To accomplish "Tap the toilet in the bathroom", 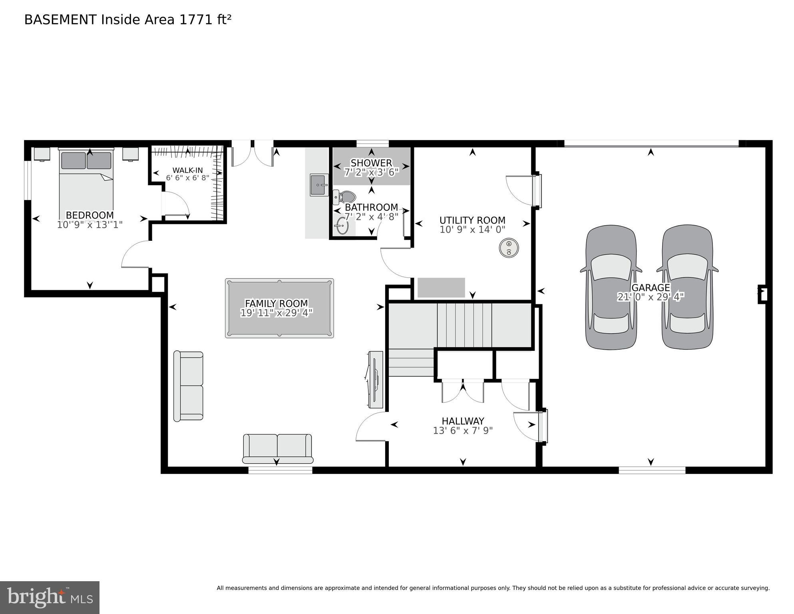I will tap(346, 197).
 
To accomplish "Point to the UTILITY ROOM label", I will tap(472, 220).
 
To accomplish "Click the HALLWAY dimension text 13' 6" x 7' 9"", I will tap(463, 430).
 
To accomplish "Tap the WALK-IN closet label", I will tap(187, 170).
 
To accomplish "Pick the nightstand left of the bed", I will tap(42, 154).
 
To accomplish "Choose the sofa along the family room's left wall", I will tap(188, 386).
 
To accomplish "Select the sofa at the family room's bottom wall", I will tap(278, 448).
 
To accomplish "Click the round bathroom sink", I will tap(342, 226).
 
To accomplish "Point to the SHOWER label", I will tap(371, 163).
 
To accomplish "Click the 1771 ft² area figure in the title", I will tap(205, 20).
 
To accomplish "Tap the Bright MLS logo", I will tap(50, 597).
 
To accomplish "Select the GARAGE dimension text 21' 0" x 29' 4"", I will tap(651, 297).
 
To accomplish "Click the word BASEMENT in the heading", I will tap(60, 20).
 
